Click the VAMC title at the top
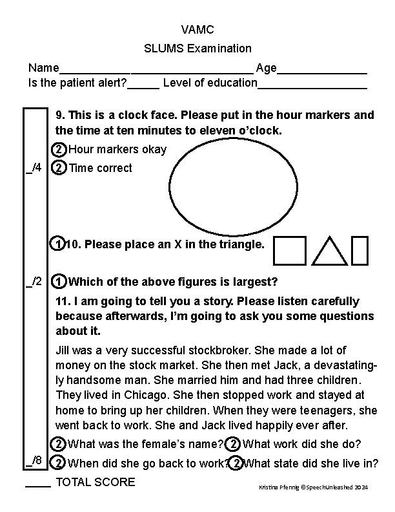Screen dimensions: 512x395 tap(197, 30)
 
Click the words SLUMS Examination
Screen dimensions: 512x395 tap(197, 48)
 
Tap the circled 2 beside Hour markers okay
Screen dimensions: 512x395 tap(58, 150)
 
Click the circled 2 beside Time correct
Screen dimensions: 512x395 tap(58, 168)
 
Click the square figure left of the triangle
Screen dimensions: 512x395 tap(290, 251)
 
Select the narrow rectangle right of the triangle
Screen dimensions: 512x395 tap(360, 251)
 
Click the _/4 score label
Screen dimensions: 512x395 tap(34, 168)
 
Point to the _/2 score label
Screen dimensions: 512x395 tap(34, 281)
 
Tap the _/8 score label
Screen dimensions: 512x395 tap(34, 461)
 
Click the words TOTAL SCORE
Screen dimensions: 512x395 tap(96, 482)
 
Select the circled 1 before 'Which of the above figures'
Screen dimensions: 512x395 tap(58, 282)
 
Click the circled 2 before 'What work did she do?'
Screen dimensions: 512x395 tap(233, 444)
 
